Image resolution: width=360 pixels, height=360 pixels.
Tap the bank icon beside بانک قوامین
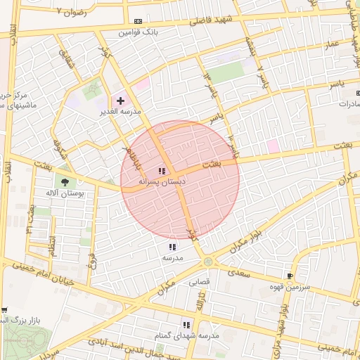[138, 21]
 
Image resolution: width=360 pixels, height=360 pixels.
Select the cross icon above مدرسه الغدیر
[120, 101]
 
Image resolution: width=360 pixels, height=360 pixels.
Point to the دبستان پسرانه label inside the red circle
[162, 181]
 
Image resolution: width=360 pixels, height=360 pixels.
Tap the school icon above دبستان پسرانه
[162, 170]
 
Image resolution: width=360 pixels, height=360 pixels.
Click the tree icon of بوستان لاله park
[65, 181]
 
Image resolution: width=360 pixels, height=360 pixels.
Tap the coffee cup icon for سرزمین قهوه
[290, 276]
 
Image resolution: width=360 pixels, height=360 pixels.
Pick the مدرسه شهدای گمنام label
[187, 336]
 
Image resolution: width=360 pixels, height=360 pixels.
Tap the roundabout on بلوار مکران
[208, 262]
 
